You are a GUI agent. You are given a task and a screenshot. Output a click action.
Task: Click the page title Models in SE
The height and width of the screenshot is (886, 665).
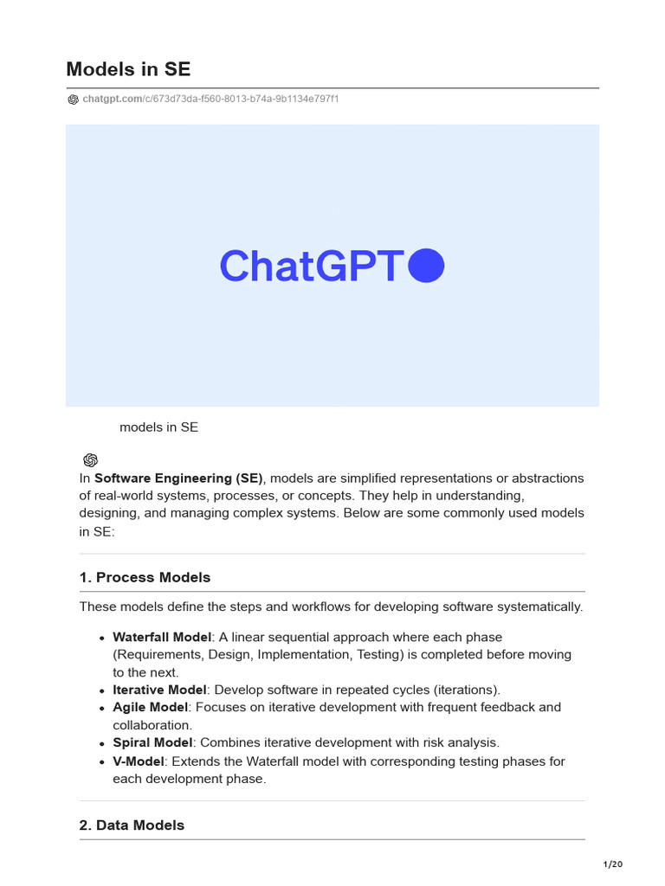(128, 69)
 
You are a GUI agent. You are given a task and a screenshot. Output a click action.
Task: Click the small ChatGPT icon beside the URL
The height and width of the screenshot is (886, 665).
(73, 100)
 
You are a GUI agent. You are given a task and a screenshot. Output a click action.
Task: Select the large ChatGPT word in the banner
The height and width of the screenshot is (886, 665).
(312, 266)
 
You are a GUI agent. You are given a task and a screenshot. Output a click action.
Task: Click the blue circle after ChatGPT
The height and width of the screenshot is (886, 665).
(425, 266)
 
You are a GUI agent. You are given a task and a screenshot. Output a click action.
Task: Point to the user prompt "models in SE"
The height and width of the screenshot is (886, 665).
(158, 427)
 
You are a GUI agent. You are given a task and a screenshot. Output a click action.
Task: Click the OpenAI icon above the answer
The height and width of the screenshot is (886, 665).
(91, 460)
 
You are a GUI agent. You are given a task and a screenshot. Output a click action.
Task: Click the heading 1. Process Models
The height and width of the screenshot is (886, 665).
(145, 577)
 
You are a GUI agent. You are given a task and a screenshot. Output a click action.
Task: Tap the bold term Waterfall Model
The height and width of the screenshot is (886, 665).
(162, 638)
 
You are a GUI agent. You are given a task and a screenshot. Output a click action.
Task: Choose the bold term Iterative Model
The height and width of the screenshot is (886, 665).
(159, 690)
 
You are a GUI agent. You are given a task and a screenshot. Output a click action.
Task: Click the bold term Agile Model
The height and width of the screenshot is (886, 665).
(151, 707)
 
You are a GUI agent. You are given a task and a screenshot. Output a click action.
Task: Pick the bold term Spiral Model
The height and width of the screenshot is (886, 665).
(152, 742)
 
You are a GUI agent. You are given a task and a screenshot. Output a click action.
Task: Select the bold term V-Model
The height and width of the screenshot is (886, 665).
(139, 761)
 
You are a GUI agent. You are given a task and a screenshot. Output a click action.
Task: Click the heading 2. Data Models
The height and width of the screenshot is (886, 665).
(132, 825)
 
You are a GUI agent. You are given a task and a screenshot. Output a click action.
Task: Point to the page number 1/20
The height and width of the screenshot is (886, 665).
(612, 864)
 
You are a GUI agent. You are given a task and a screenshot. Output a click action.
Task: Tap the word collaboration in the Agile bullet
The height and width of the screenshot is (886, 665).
(152, 725)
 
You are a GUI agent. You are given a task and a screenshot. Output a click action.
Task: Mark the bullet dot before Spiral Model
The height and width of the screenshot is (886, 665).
(104, 743)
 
